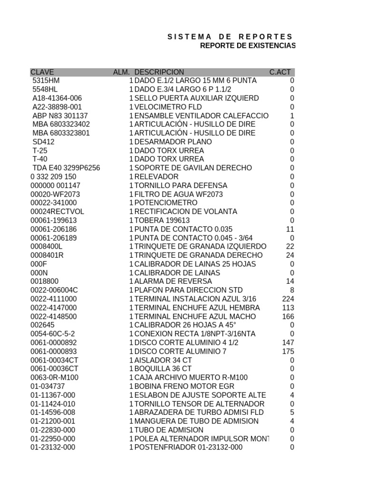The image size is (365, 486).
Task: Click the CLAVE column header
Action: (42, 72)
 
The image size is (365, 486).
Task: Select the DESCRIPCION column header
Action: (159, 72)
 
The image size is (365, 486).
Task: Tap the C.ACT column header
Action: (280, 72)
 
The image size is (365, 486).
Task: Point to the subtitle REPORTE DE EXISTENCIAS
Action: (248, 46)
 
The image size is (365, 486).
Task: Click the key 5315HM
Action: (46, 81)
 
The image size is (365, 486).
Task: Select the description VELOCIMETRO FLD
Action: (168, 107)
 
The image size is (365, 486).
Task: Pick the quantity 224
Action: (288, 299)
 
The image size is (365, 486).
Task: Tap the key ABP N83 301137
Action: (60, 116)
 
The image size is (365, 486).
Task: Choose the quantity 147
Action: (288, 343)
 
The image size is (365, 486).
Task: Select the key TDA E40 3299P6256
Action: (66, 168)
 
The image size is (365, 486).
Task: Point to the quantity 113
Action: (288, 308)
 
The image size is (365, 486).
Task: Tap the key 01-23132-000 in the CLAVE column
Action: (53, 447)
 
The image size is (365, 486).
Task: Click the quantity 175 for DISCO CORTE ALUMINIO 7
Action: (288, 351)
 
